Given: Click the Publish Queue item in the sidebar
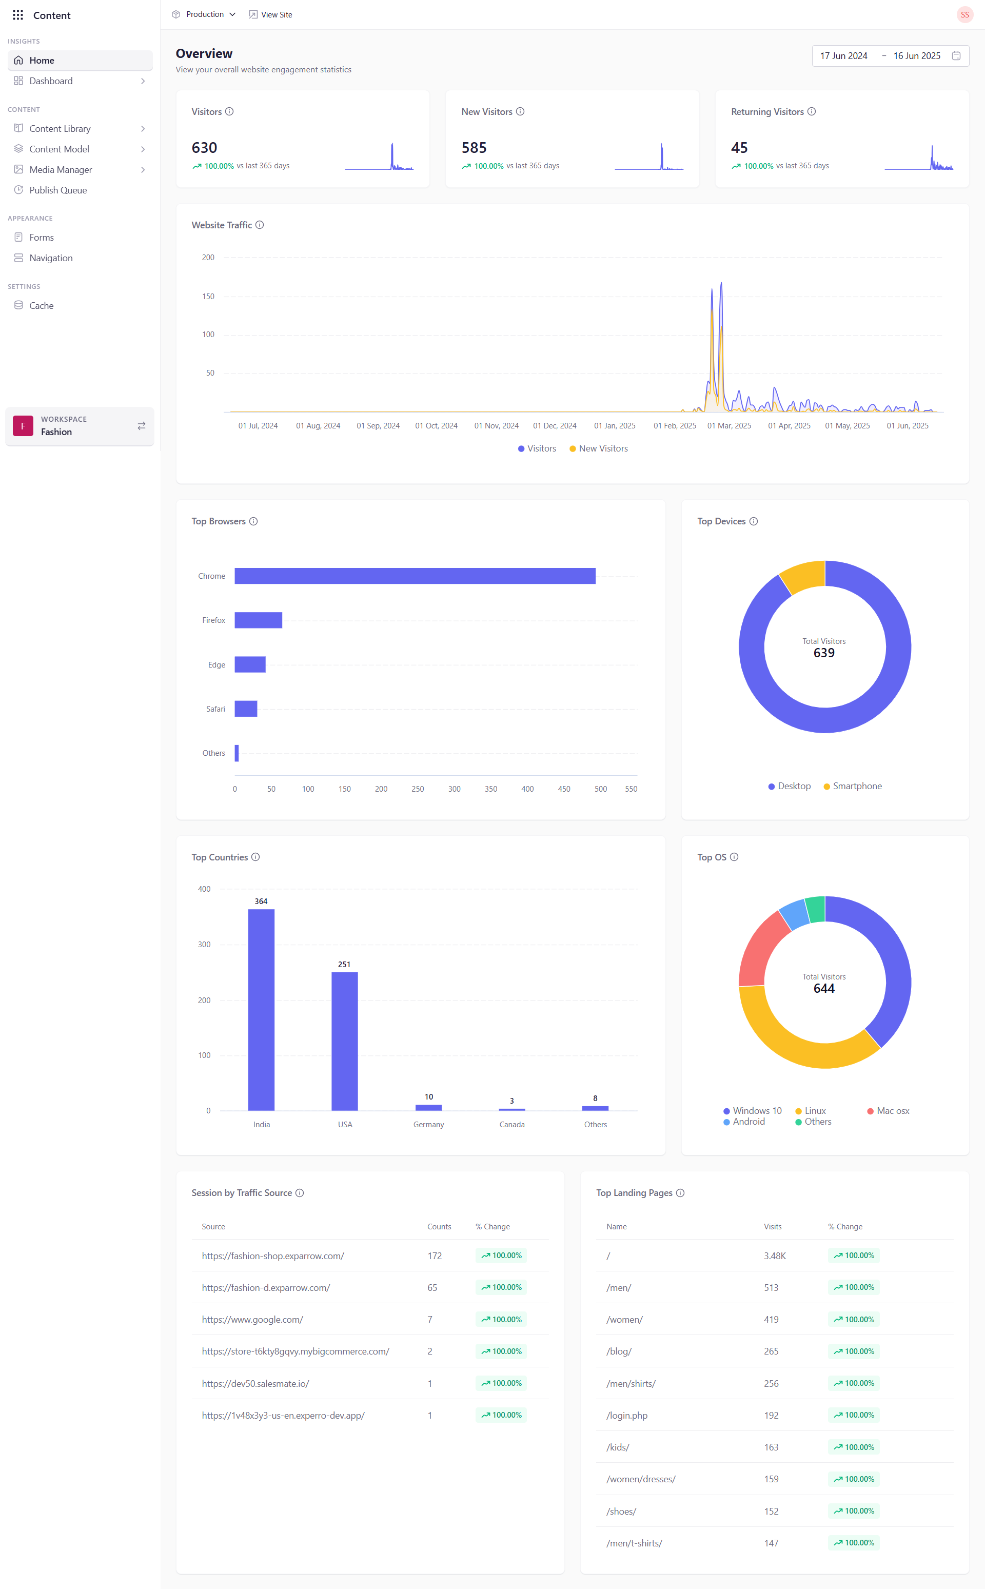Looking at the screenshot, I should click(x=57, y=190).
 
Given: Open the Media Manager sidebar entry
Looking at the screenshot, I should click(x=61, y=169).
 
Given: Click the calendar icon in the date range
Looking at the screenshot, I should click(x=956, y=56).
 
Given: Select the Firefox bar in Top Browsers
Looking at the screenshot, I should click(x=258, y=620).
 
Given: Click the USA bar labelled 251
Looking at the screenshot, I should click(x=345, y=1041).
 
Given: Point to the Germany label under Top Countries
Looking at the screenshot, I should click(x=429, y=1125).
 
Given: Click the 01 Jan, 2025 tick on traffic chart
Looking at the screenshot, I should click(x=614, y=426).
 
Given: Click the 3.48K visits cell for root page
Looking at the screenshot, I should click(x=775, y=1256).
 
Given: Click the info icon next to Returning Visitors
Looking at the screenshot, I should click(x=812, y=111).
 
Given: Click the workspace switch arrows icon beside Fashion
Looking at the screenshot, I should click(x=142, y=426).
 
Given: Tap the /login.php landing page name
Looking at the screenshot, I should click(x=627, y=1416).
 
